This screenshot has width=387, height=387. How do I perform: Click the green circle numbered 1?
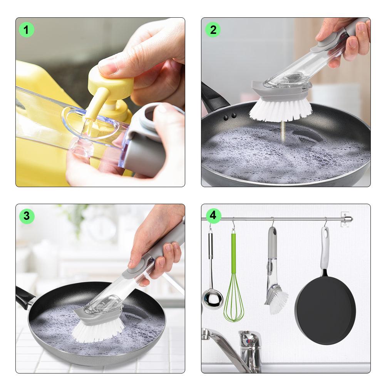pos(27,30)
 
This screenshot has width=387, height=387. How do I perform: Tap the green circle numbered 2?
pos(213,30)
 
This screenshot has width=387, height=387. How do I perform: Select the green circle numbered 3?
pos(27,216)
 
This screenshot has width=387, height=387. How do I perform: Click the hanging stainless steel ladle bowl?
pos(212,299)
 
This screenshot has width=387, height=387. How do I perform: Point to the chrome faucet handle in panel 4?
pos(249,339)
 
